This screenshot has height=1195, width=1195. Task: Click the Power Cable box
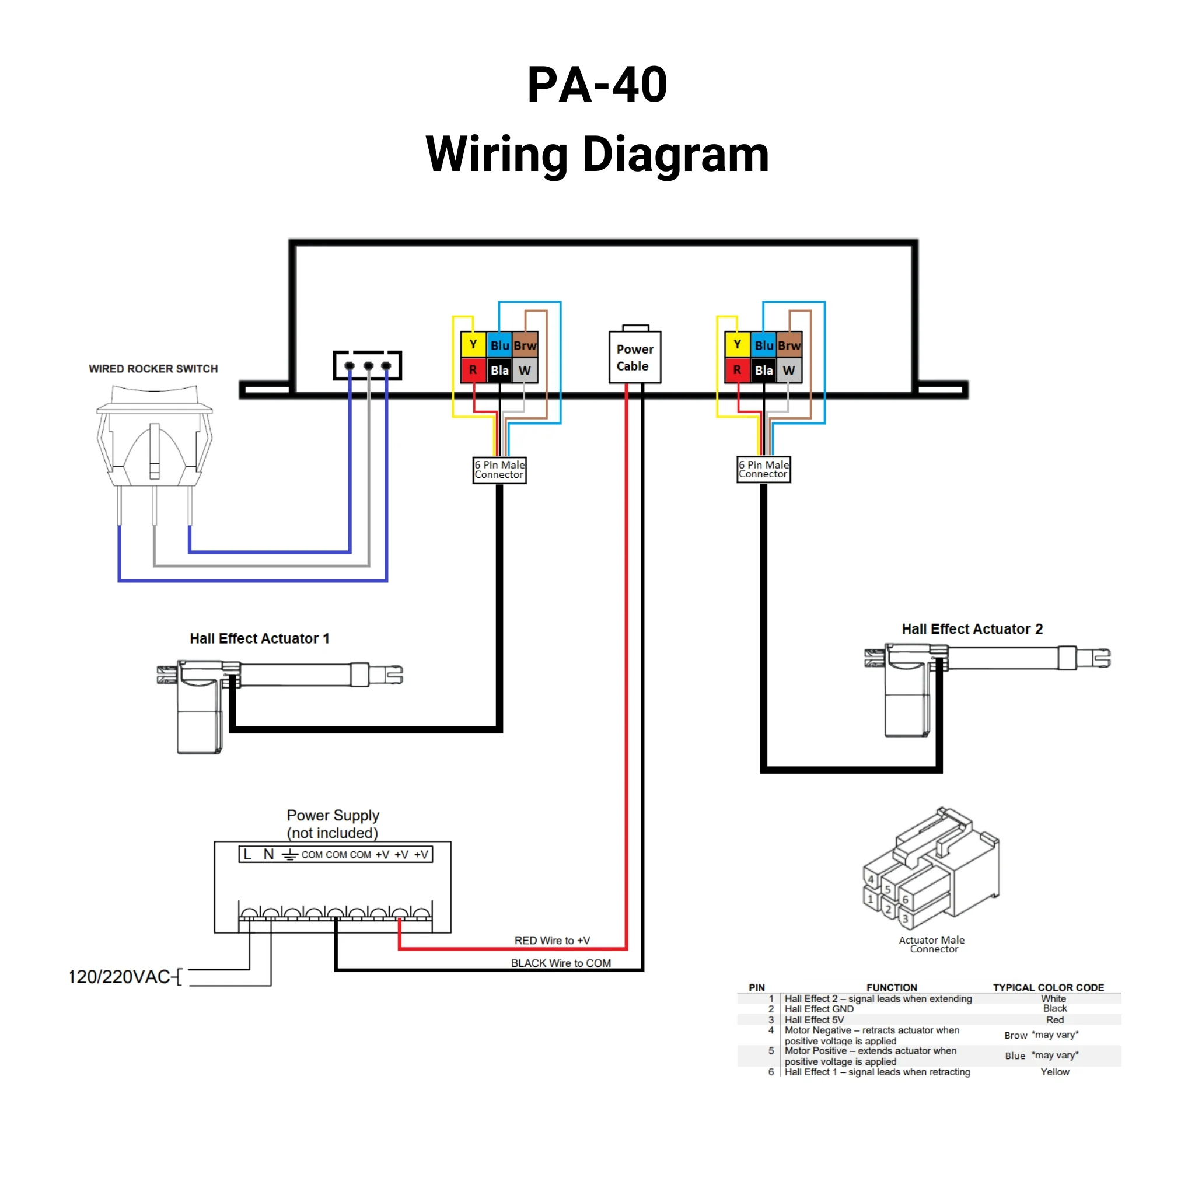tap(635, 358)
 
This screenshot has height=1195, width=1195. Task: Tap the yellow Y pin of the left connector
tap(473, 344)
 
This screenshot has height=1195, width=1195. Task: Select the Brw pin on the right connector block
tap(789, 345)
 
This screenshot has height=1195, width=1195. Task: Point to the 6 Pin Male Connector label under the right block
tap(763, 469)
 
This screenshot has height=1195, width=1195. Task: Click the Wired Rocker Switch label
tap(153, 369)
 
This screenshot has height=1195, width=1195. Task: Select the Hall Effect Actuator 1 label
tap(259, 638)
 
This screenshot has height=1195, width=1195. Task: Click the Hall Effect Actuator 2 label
tap(972, 629)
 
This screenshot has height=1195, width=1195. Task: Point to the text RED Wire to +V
tap(552, 940)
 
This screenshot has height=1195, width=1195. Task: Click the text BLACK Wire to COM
tap(560, 963)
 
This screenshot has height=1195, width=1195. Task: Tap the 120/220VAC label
tap(119, 977)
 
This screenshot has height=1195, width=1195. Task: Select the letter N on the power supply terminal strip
tap(268, 854)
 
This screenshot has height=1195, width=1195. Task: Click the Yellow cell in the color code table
tap(1054, 1072)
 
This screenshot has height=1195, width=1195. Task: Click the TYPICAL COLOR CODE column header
tap(1049, 987)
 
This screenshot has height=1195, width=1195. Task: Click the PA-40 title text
tap(597, 85)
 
